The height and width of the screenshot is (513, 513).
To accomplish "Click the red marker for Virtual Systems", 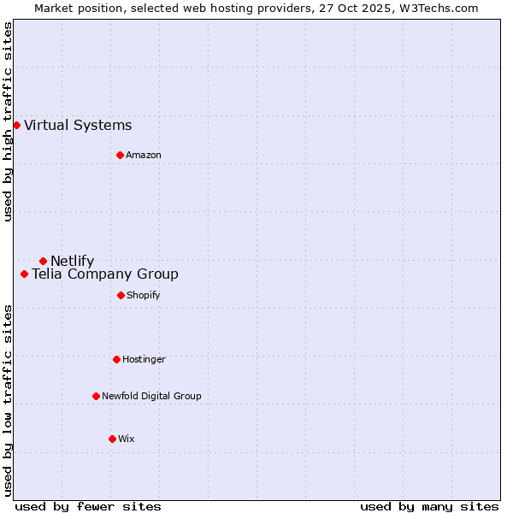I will (x=16, y=126).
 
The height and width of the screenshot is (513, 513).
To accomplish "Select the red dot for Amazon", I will (x=120, y=155).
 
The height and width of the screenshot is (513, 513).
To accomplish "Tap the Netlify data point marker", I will (x=43, y=261).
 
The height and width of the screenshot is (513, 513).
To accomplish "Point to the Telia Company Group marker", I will (x=24, y=274).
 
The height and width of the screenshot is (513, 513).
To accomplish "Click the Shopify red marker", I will (x=121, y=295).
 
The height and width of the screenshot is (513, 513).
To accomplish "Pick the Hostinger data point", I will (x=116, y=359).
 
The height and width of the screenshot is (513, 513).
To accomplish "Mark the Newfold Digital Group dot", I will (x=96, y=396).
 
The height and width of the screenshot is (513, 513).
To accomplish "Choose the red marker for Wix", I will (x=112, y=439).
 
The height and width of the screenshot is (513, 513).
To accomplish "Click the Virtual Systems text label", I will (x=78, y=126).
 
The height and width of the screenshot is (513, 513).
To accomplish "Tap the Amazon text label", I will (x=144, y=155).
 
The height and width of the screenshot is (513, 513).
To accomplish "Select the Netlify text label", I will (x=73, y=261).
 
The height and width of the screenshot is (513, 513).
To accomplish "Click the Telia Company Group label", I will (x=105, y=274).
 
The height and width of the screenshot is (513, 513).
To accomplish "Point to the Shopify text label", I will (x=144, y=295).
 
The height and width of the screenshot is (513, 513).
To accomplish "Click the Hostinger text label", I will (x=144, y=359).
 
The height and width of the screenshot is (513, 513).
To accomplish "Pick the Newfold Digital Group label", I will (x=151, y=396).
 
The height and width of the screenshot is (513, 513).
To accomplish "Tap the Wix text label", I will (x=127, y=439).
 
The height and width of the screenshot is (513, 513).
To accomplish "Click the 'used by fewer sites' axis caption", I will (x=88, y=506).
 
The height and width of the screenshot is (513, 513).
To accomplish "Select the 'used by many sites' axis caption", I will (x=429, y=506).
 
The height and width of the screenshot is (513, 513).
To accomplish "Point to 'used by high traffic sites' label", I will (x=8, y=121).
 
